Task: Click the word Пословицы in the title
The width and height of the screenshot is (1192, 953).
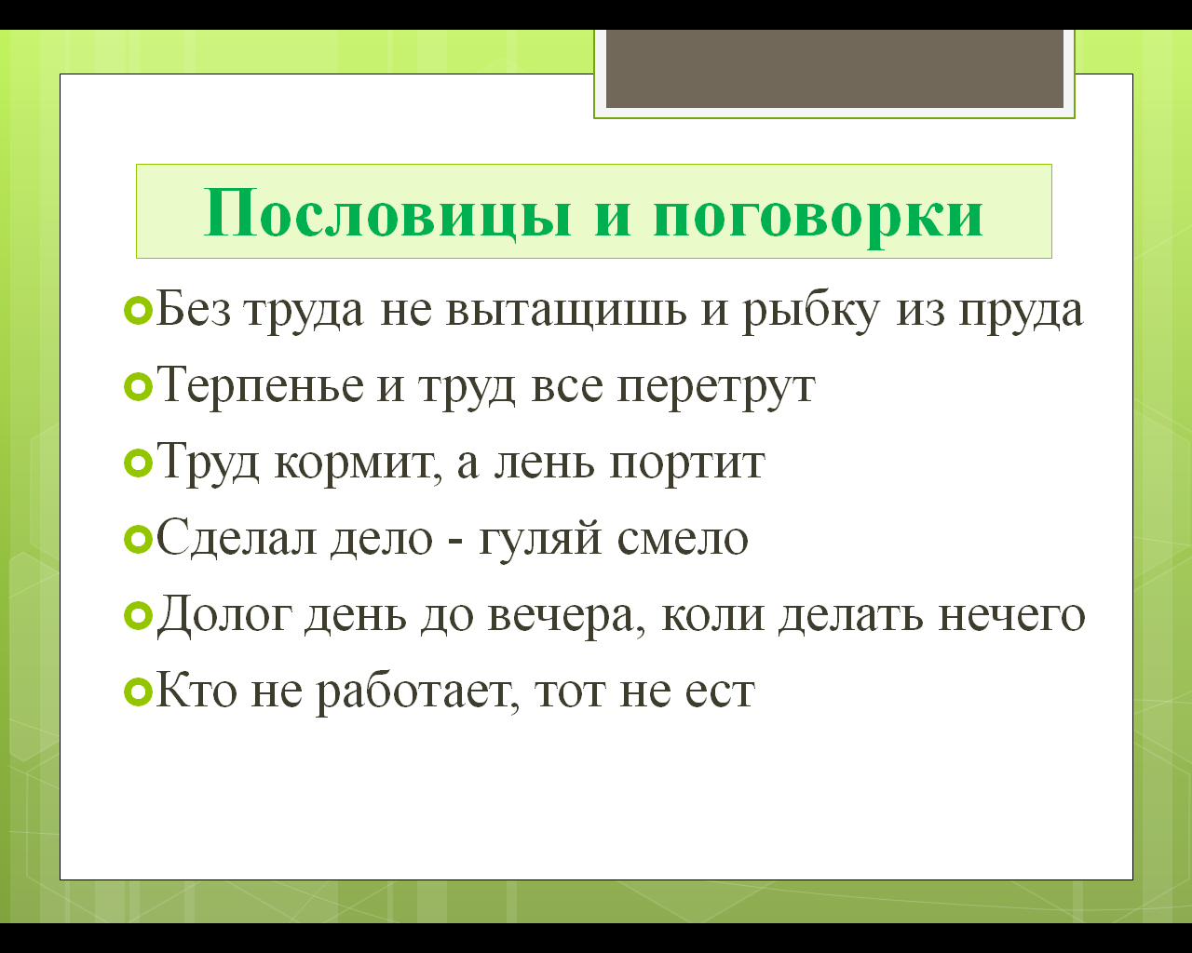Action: pyautogui.click(x=388, y=214)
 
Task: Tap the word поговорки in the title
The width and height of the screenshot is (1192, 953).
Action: pyautogui.click(x=819, y=218)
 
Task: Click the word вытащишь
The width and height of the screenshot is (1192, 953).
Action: pyautogui.click(x=566, y=311)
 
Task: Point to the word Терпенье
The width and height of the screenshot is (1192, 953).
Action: pyautogui.click(x=261, y=386)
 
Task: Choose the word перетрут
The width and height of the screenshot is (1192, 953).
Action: pyautogui.click(x=716, y=389)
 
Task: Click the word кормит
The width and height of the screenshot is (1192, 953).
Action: pyautogui.click(x=359, y=465)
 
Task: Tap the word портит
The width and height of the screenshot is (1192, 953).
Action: pyautogui.click(x=687, y=465)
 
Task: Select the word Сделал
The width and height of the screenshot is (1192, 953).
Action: pyautogui.click(x=237, y=538)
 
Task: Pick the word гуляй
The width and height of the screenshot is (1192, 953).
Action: pyautogui.click(x=540, y=540)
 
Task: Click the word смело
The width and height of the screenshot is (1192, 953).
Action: pyautogui.click(x=683, y=539)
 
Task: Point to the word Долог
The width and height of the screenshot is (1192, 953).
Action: pyautogui.click(x=224, y=614)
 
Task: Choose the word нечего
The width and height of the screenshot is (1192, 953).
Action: pyautogui.click(x=1011, y=616)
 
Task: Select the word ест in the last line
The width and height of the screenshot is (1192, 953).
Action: pyautogui.click(x=720, y=692)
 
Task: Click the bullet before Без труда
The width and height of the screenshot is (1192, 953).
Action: pyautogui.click(x=138, y=311)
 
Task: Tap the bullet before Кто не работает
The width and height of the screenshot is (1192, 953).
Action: pyautogui.click(x=138, y=692)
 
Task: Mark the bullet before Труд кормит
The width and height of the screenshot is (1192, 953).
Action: pyautogui.click(x=138, y=464)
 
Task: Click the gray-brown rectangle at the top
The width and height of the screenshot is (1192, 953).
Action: pyautogui.click(x=834, y=68)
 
